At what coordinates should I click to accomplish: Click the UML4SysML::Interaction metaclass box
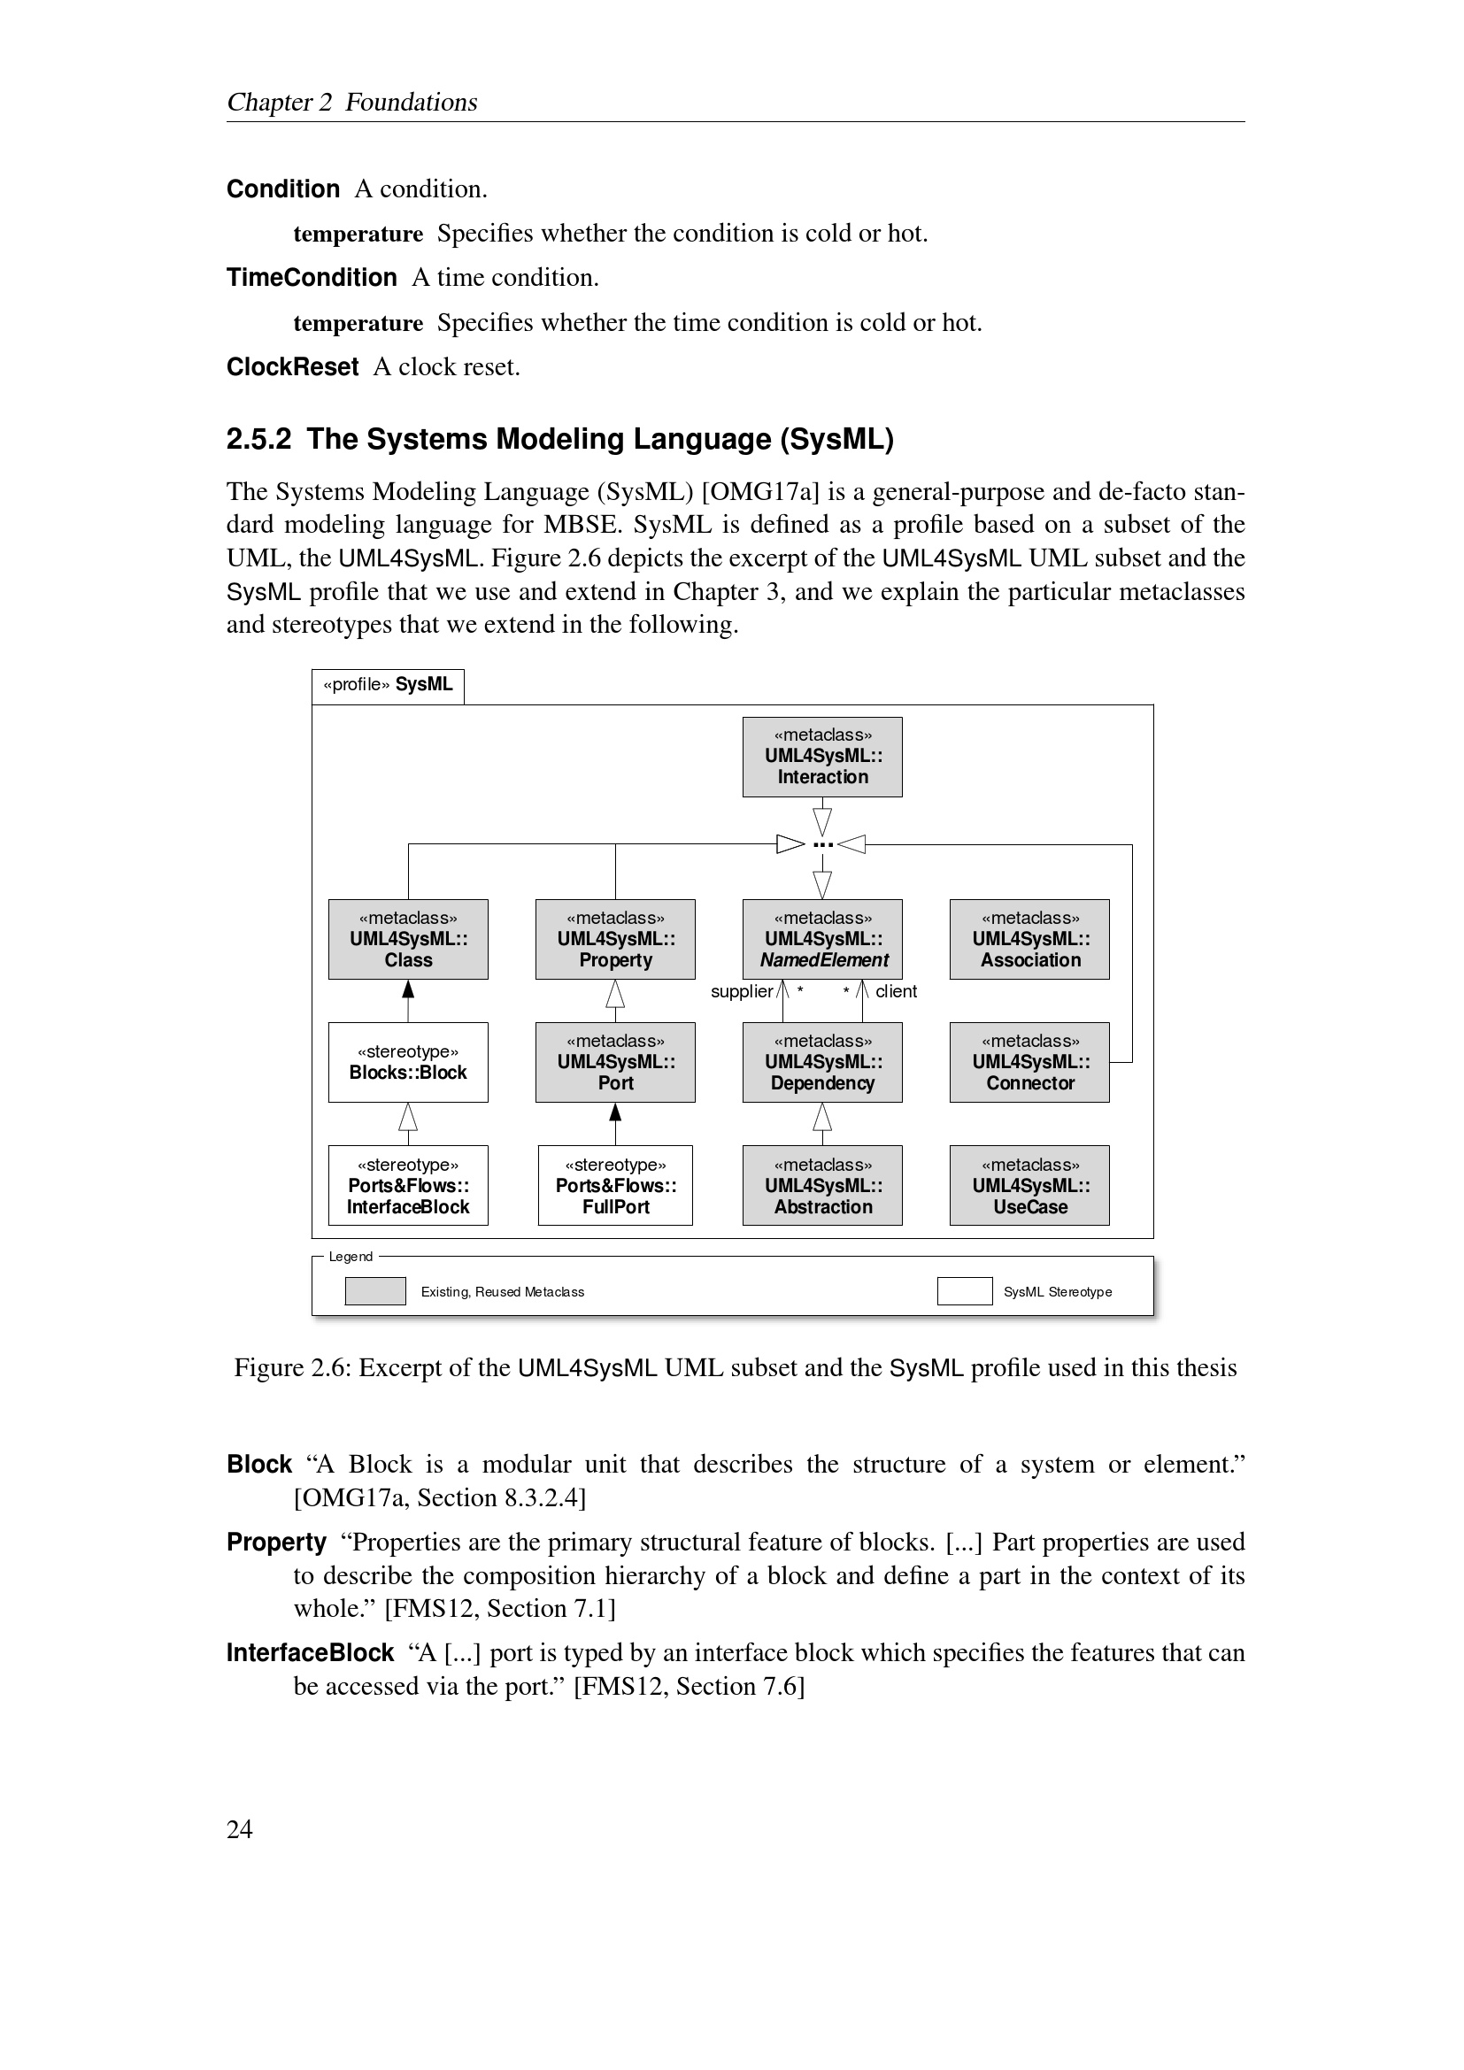pyautogui.click(x=822, y=757)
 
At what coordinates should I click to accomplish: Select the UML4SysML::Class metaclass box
pyautogui.click(x=407, y=938)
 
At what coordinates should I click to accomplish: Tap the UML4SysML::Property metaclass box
pyautogui.click(x=615, y=938)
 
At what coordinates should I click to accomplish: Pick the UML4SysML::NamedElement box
pyautogui.click(x=822, y=938)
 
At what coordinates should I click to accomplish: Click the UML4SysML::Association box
pyautogui.click(x=1029, y=938)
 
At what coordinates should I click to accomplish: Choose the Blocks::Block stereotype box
pyautogui.click(x=407, y=1062)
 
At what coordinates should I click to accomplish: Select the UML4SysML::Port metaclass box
pyautogui.click(x=615, y=1062)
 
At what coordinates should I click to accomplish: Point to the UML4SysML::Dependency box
pyautogui.click(x=822, y=1062)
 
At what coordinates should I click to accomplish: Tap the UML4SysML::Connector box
pyautogui.click(x=1029, y=1062)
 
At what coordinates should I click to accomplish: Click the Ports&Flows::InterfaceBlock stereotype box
pyautogui.click(x=407, y=1185)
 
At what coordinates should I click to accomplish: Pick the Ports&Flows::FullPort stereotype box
pyautogui.click(x=615, y=1185)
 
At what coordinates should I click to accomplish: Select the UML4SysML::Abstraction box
pyautogui.click(x=822, y=1185)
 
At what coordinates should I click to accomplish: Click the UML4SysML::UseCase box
pyautogui.click(x=1029, y=1185)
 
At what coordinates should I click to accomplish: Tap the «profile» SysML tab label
pyautogui.click(x=388, y=685)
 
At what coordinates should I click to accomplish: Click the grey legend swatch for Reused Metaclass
pyautogui.click(x=375, y=1291)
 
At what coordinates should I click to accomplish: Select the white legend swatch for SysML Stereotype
pyautogui.click(x=965, y=1291)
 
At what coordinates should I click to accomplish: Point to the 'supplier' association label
pyautogui.click(x=741, y=992)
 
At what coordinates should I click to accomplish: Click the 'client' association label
pyautogui.click(x=896, y=992)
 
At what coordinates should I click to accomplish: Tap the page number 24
pyautogui.click(x=240, y=1829)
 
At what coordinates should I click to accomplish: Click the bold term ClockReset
pyautogui.click(x=292, y=367)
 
